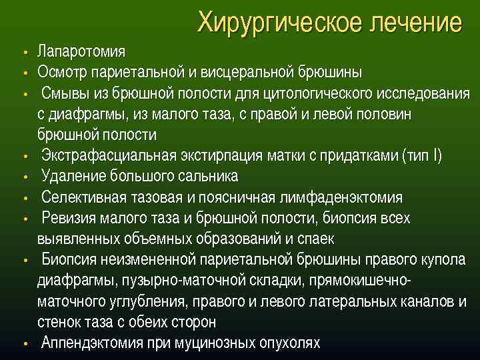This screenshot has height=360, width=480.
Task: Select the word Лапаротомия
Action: click(81, 52)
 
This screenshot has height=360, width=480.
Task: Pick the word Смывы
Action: click(63, 93)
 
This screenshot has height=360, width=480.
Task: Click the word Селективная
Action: click(82, 197)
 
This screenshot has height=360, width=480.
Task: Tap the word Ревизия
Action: click(69, 218)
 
